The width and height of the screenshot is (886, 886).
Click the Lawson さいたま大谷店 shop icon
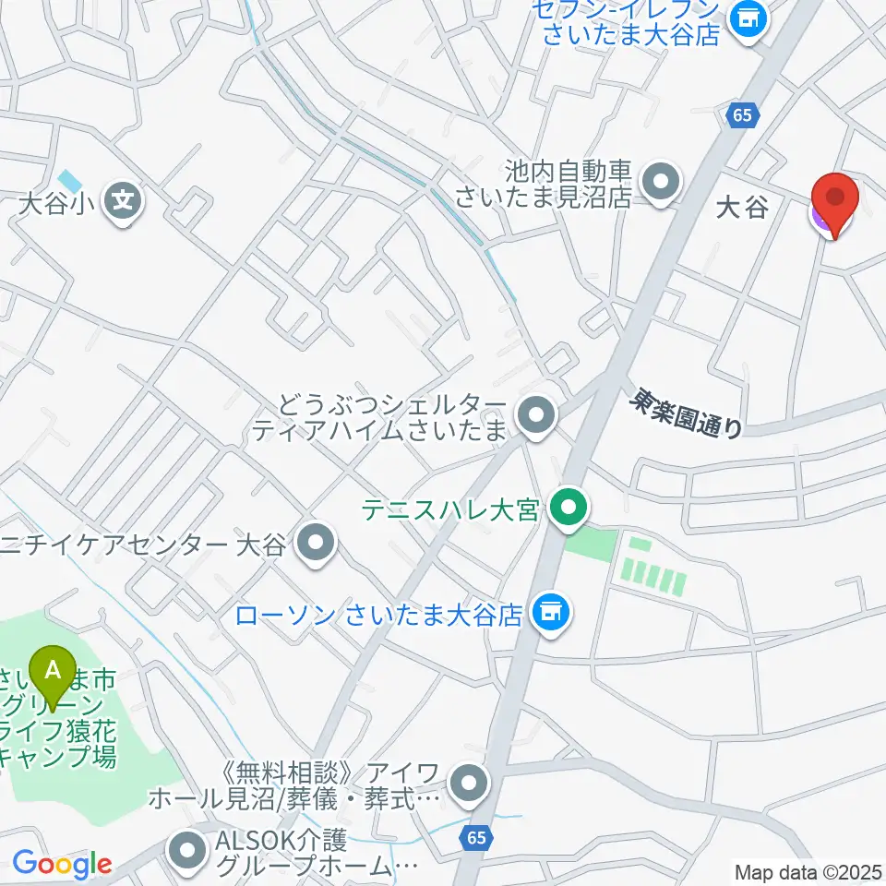pyautogui.click(x=551, y=614)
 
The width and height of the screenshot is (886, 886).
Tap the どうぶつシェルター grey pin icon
pyautogui.click(x=535, y=416)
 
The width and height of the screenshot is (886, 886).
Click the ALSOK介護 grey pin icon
pyautogui.click(x=189, y=851)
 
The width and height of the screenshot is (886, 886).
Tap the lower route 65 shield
pyautogui.click(x=474, y=838)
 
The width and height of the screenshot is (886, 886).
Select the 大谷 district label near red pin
pyautogui.click(x=742, y=207)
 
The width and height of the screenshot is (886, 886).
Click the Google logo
pyautogui.click(x=61, y=864)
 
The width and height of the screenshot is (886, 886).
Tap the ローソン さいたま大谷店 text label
pyautogui.click(x=379, y=616)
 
